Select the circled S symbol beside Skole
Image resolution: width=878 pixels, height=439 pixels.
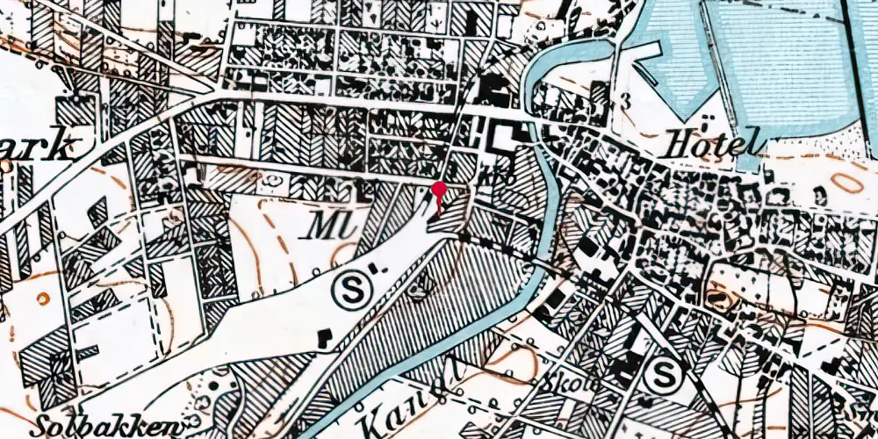coord(661,378)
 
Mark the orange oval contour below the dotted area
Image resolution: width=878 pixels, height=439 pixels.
coord(845,183)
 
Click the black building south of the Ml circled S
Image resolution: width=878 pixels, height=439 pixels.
coord(324,336)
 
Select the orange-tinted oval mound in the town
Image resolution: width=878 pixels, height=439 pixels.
coord(723,299)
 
